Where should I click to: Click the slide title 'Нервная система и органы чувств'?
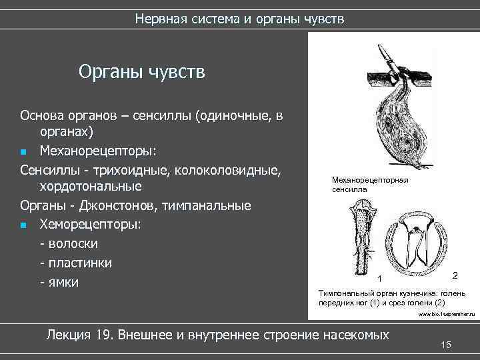click(x=239, y=18)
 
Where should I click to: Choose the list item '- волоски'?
click(x=69, y=243)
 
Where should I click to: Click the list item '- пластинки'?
click(x=76, y=263)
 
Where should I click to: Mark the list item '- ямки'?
click(x=59, y=282)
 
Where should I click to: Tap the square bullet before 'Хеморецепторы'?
click(x=23, y=225)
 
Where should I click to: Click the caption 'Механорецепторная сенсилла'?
click(x=369, y=185)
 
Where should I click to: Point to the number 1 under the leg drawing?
click(x=379, y=278)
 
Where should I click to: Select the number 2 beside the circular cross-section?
click(x=455, y=275)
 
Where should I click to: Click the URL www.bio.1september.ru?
click(x=446, y=313)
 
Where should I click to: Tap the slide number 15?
click(x=446, y=343)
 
